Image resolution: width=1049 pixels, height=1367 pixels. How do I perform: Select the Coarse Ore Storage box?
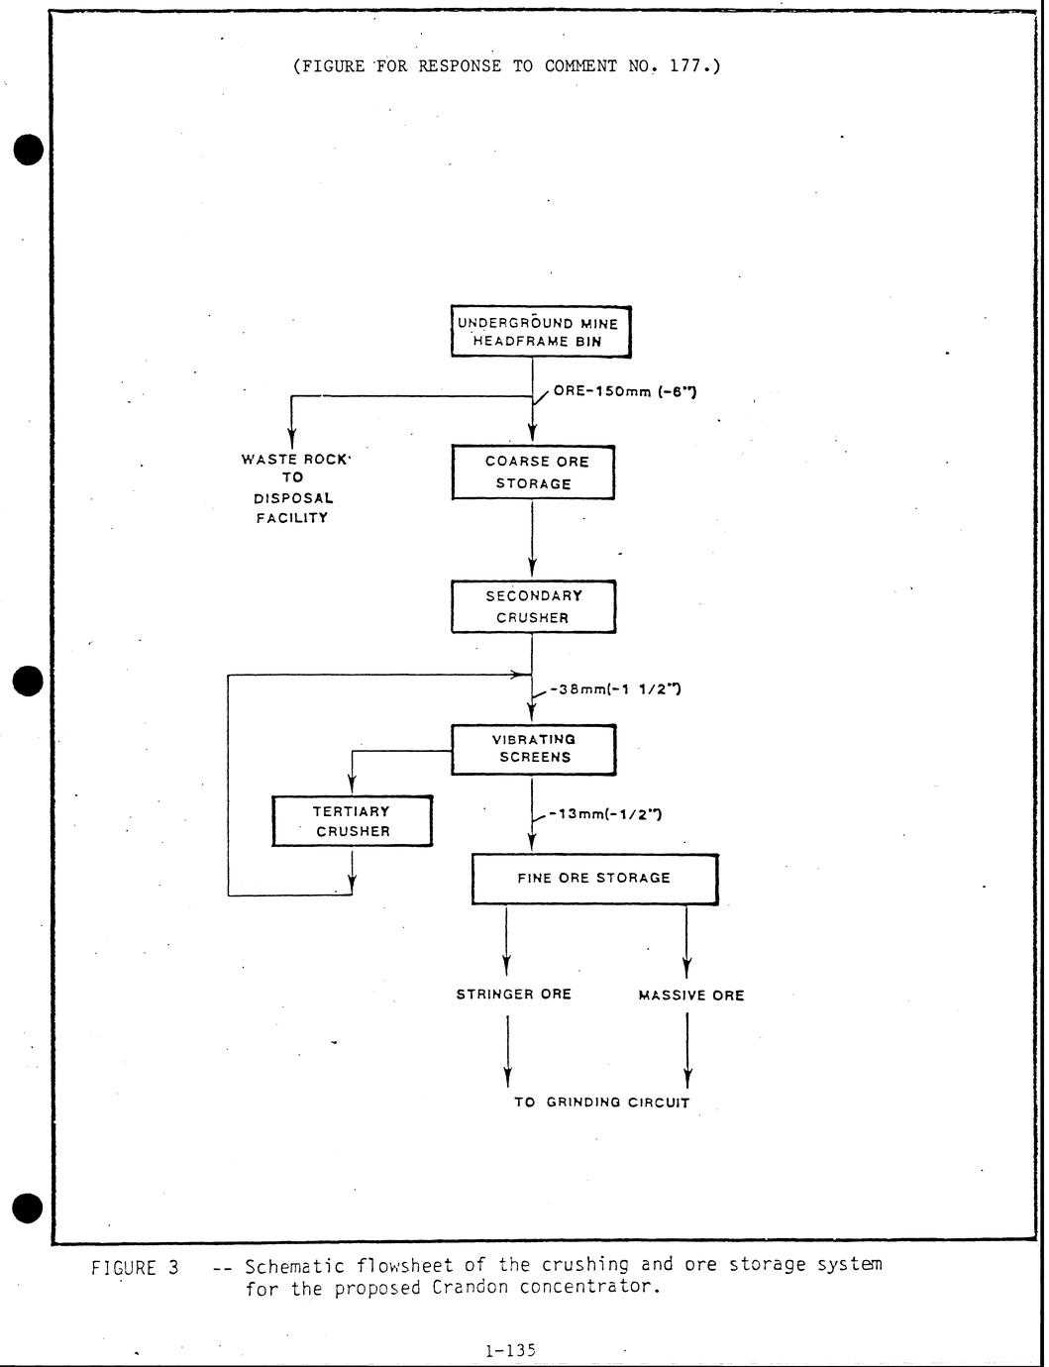pyautogui.click(x=533, y=473)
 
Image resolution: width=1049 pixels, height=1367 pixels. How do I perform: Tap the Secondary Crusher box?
pyautogui.click(x=533, y=606)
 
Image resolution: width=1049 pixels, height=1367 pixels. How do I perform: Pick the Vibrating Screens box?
pyautogui.click(x=534, y=749)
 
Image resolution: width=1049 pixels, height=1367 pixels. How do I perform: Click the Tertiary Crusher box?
pyautogui.click(x=353, y=821)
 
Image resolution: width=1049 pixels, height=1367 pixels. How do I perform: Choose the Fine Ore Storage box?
pyautogui.click(x=594, y=879)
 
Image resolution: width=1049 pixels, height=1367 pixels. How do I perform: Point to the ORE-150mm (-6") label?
pyautogui.click(x=624, y=391)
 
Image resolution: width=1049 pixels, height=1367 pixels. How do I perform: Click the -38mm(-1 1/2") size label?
pyautogui.click(x=614, y=689)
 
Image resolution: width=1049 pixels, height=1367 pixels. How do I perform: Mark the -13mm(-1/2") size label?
pyautogui.click(x=605, y=814)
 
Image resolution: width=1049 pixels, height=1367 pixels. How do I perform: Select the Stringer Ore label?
pyautogui.click(x=513, y=994)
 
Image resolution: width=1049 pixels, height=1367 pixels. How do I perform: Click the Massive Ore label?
pyautogui.click(x=691, y=996)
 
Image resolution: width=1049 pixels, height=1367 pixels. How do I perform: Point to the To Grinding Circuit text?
pyautogui.click(x=601, y=1102)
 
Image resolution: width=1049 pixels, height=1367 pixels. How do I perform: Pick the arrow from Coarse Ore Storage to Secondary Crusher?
pyautogui.click(x=533, y=540)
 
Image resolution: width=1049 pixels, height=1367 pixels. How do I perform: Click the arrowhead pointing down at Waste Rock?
pyautogui.click(x=291, y=436)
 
